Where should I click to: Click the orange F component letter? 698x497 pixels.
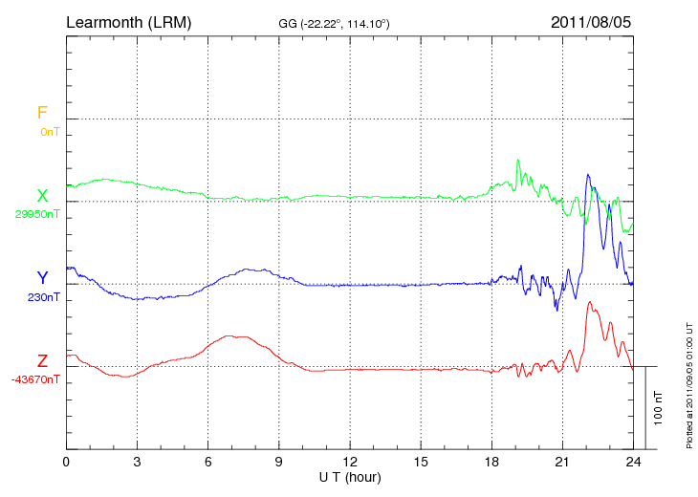(42, 113)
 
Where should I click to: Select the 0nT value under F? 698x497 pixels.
(50, 131)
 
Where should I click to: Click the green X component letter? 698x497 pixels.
(42, 196)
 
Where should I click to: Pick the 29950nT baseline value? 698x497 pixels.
(37, 214)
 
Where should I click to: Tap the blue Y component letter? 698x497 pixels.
(42, 278)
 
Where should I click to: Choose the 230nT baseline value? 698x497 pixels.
(44, 297)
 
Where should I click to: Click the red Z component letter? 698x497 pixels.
(42, 361)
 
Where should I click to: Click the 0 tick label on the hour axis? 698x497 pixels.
(66, 462)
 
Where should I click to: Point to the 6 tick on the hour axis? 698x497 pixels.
(208, 462)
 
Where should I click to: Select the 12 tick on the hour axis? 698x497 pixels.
(350, 462)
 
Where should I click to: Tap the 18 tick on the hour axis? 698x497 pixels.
(491, 462)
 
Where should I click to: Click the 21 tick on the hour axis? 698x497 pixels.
(562, 462)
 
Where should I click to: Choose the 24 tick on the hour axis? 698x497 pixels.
(633, 462)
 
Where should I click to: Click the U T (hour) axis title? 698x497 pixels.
(350, 476)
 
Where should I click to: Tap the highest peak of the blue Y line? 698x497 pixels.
(588, 175)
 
